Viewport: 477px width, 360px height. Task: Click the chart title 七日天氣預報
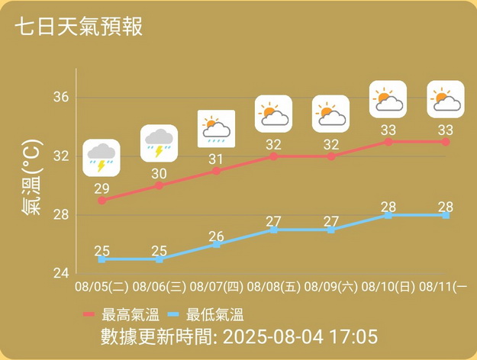click(x=78, y=27)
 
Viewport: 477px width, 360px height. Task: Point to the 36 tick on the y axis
click(x=61, y=98)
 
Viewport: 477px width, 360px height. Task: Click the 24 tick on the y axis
click(x=61, y=273)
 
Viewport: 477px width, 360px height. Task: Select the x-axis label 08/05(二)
click(x=102, y=288)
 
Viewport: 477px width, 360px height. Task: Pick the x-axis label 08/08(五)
click(x=273, y=288)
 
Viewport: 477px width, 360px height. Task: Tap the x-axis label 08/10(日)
click(x=388, y=288)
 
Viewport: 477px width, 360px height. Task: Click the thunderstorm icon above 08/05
click(x=102, y=158)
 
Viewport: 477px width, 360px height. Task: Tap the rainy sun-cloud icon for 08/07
click(x=216, y=128)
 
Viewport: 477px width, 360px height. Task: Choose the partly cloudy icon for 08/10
click(x=388, y=99)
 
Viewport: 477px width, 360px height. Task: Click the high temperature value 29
click(x=102, y=188)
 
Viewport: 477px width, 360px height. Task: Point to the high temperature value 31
click(x=216, y=159)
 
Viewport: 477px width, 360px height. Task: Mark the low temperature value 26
click(x=216, y=236)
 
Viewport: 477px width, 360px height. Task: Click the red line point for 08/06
click(x=159, y=185)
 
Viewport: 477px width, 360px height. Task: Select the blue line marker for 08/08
click(x=273, y=230)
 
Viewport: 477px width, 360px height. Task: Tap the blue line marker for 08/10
click(x=388, y=215)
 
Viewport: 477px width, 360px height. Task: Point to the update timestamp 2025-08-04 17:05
click(x=301, y=336)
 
